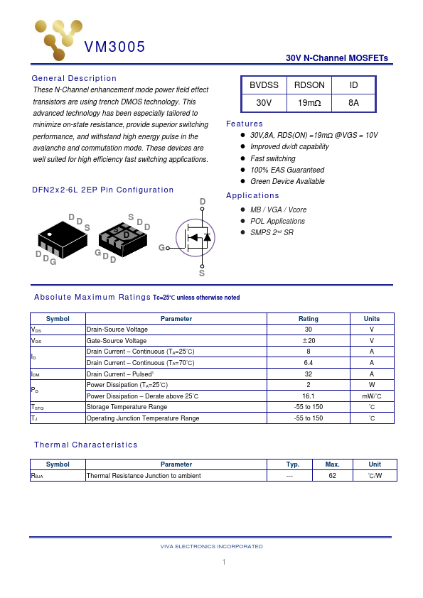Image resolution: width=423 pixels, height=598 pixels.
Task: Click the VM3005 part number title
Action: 114,48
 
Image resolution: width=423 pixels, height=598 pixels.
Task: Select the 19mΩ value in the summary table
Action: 309,103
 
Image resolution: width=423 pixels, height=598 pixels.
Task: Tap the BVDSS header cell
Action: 264,85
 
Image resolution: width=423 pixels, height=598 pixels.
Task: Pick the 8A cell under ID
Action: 353,103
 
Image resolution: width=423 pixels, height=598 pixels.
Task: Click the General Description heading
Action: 74,78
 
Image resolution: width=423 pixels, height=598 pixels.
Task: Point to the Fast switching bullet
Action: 273,158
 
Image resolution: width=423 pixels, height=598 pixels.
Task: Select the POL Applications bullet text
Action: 277,221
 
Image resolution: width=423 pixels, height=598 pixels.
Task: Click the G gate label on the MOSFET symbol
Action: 161,247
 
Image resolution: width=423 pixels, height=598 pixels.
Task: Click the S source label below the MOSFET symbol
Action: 202,273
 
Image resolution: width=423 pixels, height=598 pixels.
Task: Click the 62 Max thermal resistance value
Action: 332,476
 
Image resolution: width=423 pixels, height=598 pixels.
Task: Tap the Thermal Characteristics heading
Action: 85,445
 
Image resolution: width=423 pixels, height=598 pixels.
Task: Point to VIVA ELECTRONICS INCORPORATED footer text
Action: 211,546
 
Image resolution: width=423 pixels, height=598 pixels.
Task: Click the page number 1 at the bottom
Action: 223,562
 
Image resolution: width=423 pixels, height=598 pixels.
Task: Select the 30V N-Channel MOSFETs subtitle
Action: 336,58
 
